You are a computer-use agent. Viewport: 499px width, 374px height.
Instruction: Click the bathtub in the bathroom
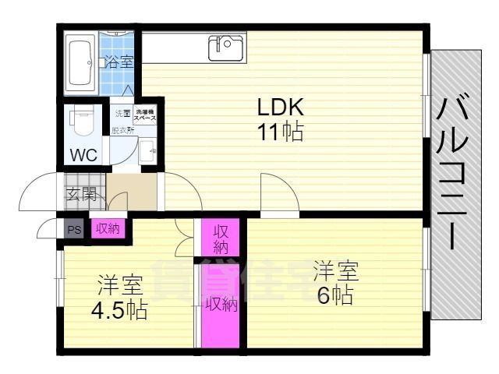coord(80,62)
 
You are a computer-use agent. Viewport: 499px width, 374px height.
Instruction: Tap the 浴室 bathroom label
coord(119,62)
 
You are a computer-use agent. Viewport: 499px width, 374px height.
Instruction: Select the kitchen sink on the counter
coord(224,48)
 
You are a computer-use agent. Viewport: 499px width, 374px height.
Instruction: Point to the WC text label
coord(83,154)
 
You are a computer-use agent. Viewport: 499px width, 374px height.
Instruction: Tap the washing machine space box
coord(146,115)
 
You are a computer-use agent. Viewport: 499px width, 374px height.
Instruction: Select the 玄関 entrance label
coord(80,193)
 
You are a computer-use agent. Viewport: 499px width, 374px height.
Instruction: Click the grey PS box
coord(74,229)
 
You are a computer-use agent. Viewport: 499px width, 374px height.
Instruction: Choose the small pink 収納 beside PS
coord(107,228)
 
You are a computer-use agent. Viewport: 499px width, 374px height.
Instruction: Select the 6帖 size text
coord(335,295)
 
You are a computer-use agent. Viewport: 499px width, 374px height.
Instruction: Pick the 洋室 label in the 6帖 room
coord(336,272)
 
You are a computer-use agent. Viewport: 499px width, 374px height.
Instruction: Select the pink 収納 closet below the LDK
coord(221,238)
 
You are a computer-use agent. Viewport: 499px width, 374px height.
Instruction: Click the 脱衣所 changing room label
coord(122,130)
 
